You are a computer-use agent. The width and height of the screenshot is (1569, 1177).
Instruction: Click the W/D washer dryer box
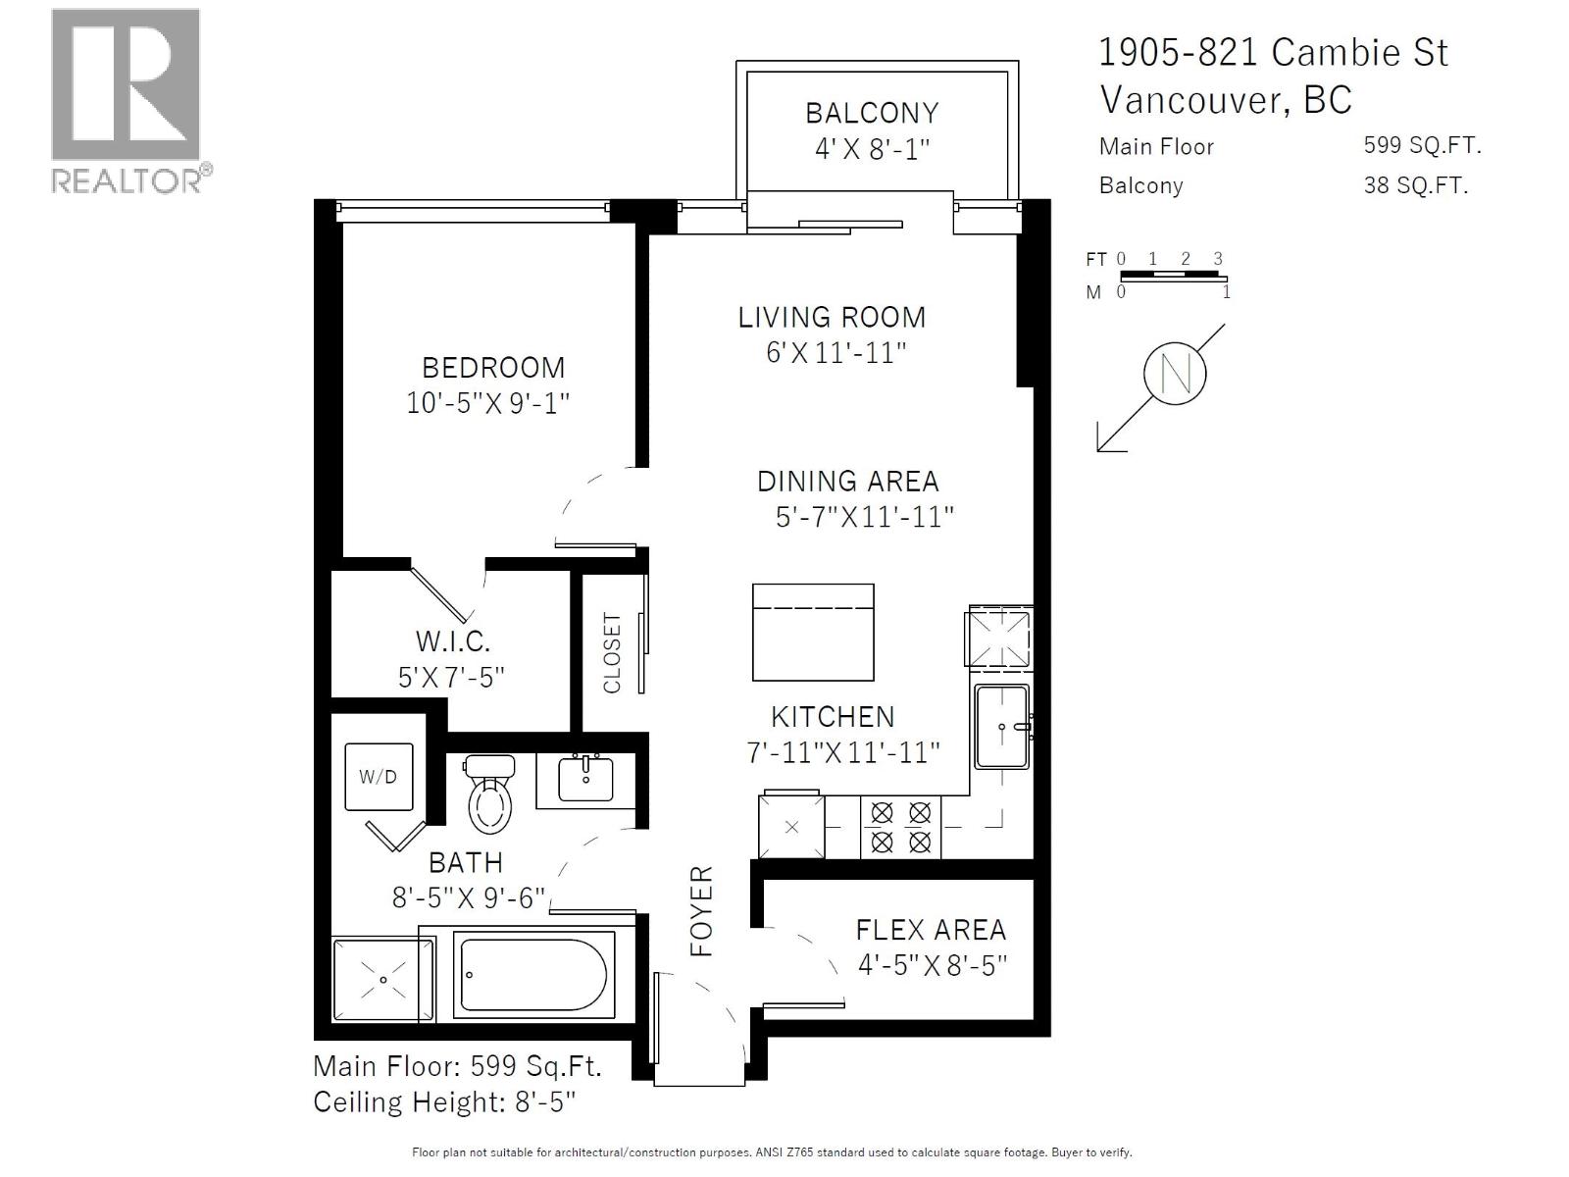(x=379, y=777)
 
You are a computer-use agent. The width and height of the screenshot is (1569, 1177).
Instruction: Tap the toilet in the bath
(x=490, y=794)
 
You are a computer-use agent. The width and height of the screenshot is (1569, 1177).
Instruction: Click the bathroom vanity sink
(x=585, y=780)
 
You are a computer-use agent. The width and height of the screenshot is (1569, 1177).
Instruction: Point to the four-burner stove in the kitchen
(x=900, y=827)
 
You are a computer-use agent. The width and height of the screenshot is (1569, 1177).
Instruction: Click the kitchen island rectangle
(x=813, y=632)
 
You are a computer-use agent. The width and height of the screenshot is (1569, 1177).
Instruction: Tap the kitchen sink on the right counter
(x=1001, y=726)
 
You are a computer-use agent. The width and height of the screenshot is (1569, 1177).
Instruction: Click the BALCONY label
(x=872, y=113)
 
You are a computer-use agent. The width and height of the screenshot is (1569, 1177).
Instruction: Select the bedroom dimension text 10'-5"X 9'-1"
(x=488, y=403)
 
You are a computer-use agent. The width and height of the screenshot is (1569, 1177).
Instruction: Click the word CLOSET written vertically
(x=612, y=653)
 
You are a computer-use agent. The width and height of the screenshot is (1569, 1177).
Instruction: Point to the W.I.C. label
(x=452, y=641)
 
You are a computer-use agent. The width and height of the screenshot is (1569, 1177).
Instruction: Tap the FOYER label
(x=702, y=911)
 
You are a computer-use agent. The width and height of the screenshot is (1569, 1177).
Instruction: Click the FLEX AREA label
(x=931, y=930)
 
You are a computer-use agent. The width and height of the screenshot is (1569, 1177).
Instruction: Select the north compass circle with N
(x=1174, y=374)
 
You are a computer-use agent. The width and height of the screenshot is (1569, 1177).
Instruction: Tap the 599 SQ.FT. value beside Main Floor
(x=1421, y=146)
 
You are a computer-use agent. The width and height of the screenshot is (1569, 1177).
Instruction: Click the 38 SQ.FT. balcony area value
(x=1415, y=185)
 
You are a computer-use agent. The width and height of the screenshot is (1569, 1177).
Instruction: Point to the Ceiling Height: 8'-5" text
(x=444, y=1102)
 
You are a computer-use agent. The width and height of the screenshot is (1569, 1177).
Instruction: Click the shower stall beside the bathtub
(x=382, y=980)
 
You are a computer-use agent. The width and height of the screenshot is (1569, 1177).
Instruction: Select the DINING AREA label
(x=847, y=482)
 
